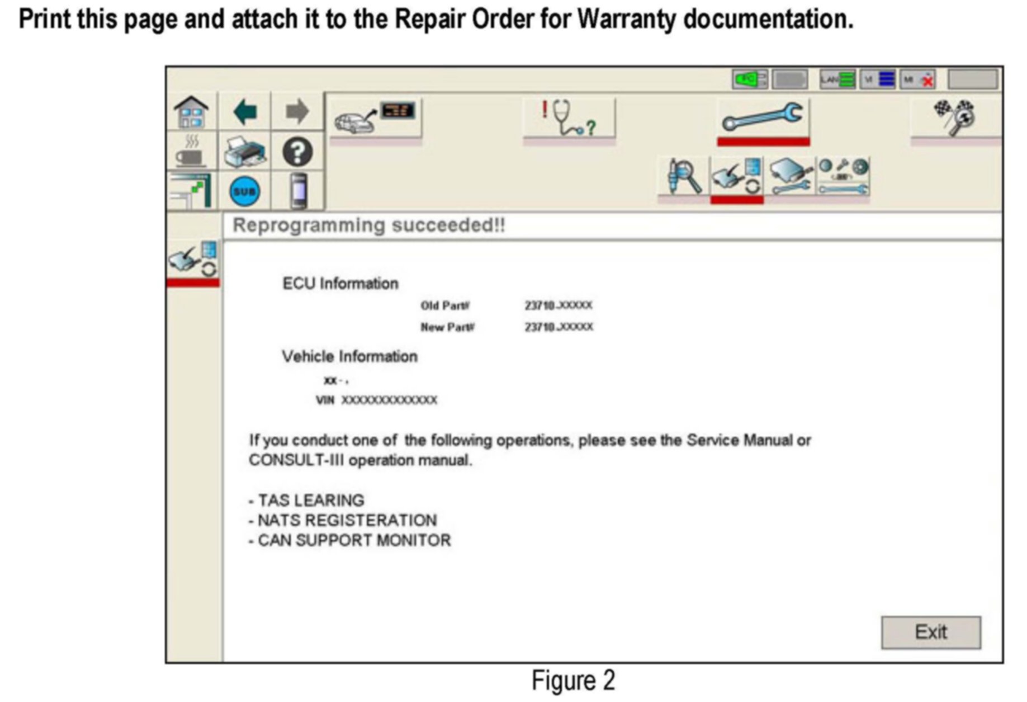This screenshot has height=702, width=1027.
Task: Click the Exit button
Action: click(x=930, y=633)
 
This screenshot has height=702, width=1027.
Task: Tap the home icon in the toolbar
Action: click(x=191, y=112)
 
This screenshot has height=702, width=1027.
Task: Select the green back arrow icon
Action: click(x=245, y=112)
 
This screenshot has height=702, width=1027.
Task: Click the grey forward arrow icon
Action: click(x=297, y=112)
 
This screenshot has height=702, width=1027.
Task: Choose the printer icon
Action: click(x=245, y=152)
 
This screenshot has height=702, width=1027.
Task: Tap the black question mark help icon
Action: click(x=297, y=152)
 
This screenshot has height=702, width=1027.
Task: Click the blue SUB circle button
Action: click(x=245, y=192)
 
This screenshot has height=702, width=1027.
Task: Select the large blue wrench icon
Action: click(x=763, y=117)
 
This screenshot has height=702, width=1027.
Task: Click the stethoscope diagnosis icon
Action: click(x=569, y=118)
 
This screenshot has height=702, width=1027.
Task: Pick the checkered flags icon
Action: click(x=955, y=117)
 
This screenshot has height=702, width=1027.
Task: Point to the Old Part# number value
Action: click(x=558, y=305)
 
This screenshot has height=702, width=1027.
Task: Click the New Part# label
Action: click(x=447, y=327)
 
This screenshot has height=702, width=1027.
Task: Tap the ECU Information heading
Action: click(x=340, y=284)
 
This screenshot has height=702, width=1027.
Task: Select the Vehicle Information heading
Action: click(x=349, y=356)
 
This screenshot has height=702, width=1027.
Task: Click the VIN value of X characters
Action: click(x=389, y=400)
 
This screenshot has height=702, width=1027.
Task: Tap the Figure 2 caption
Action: click(x=573, y=681)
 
